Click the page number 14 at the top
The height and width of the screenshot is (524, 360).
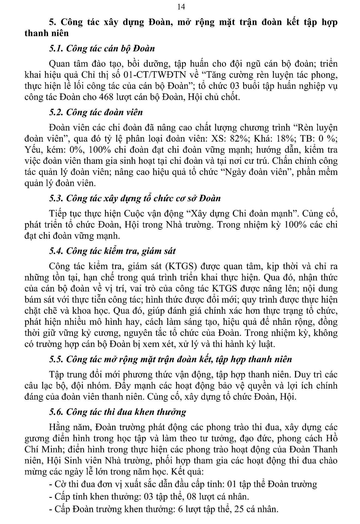181,7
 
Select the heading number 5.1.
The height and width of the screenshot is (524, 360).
56,49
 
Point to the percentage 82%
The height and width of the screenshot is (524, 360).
239,139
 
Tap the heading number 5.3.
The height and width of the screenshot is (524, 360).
56,198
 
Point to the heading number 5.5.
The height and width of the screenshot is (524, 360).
56,359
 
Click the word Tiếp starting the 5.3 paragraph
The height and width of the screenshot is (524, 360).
57,213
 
